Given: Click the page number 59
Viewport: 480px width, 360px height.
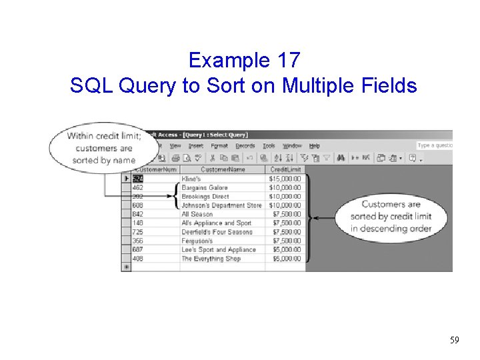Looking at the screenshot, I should [x=455, y=341].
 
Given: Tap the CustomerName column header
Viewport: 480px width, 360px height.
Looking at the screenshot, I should [x=222, y=169].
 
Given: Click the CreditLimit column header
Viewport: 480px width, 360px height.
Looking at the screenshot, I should [x=286, y=169].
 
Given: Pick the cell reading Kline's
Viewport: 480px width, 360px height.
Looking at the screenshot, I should [x=191, y=179].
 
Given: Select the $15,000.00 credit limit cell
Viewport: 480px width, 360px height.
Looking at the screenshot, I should [x=285, y=179].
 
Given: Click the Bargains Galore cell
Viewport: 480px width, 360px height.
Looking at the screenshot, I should [x=205, y=188].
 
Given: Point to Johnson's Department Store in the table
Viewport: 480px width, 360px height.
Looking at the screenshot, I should [x=221, y=205].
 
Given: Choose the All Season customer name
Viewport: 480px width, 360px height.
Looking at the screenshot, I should [x=197, y=214].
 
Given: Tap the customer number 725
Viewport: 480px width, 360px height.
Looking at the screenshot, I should [x=138, y=232].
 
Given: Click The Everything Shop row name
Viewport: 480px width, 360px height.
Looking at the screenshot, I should [x=211, y=259].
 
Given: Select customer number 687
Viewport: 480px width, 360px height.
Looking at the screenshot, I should [x=138, y=249].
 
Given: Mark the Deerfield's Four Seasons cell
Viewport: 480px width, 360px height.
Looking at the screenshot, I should [x=217, y=232].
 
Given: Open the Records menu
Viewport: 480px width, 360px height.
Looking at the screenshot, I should [x=245, y=145].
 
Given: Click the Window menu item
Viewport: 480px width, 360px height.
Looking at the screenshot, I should [x=292, y=145].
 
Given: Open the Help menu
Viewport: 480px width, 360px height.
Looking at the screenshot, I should [x=315, y=145].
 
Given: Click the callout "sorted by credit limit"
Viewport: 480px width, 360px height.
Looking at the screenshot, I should [x=391, y=216].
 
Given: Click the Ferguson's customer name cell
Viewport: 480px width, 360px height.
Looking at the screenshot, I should [x=197, y=241].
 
